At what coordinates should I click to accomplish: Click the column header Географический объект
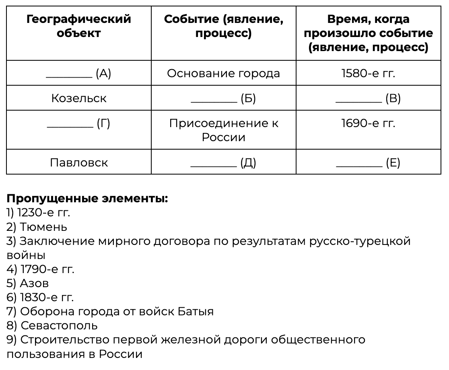point(79,26)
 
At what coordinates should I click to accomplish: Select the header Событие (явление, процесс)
point(223,26)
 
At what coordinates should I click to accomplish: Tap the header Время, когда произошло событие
point(368,33)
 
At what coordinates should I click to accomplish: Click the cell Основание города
point(223,73)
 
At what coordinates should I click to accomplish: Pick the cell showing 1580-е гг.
point(368,73)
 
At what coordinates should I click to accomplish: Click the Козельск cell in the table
point(79,98)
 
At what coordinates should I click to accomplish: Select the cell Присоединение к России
point(223,130)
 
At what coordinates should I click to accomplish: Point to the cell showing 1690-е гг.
point(368,123)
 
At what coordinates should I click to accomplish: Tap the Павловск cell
point(79,162)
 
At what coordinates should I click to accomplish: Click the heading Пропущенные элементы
point(87,199)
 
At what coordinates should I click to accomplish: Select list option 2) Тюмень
point(37,227)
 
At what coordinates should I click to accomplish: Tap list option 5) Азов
point(28,283)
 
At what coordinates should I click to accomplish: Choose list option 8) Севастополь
point(52,325)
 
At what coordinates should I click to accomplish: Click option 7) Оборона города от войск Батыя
point(110,311)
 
